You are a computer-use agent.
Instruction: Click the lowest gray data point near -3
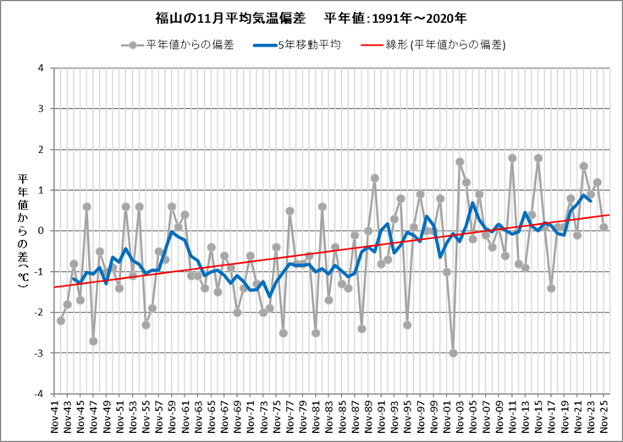(x=453, y=353)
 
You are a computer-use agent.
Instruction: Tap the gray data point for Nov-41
(x=61, y=320)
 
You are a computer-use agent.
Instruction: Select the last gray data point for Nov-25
(x=604, y=226)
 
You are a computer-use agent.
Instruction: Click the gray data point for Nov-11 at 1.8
(x=512, y=157)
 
